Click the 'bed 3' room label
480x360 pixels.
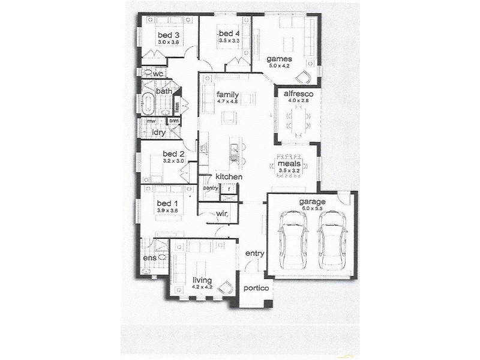click(x=169, y=34)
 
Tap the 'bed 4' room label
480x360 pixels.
click(x=229, y=33)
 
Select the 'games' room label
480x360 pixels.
click(x=280, y=59)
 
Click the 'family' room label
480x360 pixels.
click(x=228, y=94)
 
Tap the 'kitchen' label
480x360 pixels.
click(x=229, y=178)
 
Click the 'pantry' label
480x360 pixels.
click(x=210, y=188)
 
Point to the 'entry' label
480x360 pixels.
click(x=254, y=253)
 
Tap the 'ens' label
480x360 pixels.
click(x=149, y=259)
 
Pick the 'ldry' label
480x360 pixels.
click(x=159, y=133)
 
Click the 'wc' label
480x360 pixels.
click(x=158, y=74)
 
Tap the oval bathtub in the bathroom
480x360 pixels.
click(x=148, y=104)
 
